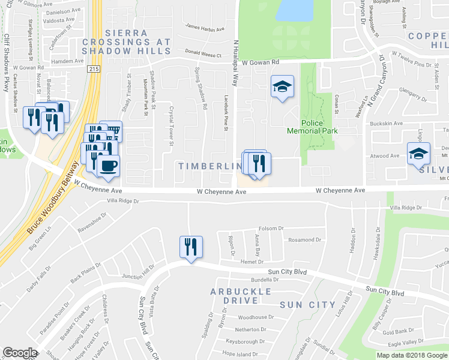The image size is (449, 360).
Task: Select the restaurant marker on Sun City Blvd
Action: click(x=191, y=247)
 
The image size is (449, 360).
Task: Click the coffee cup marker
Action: click(x=108, y=166)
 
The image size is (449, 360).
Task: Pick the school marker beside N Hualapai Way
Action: click(x=282, y=88)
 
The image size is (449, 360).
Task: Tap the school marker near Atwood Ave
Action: click(x=418, y=154)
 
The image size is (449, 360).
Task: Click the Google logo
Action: click(x=20, y=353)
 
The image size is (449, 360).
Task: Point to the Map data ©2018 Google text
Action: click(x=412, y=355)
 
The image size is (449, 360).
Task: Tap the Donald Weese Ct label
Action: click(x=203, y=54)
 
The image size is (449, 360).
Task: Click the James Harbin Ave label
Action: click(x=205, y=26)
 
